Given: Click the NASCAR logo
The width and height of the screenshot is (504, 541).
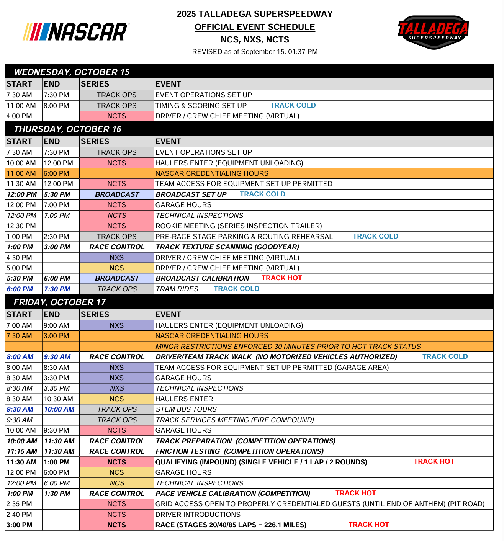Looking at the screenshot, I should tap(76, 32).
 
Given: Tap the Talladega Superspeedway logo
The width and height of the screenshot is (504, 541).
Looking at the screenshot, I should tap(433, 32).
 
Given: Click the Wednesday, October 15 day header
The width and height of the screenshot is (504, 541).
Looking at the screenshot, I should tap(72, 72).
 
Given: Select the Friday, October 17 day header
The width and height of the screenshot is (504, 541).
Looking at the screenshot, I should tap(60, 302).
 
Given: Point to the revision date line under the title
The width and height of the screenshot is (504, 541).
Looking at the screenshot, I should tap(255, 52).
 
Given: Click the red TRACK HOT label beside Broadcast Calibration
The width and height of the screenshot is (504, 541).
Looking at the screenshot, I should tap(281, 278).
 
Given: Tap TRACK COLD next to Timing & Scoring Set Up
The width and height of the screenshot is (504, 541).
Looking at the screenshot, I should tap(293, 105).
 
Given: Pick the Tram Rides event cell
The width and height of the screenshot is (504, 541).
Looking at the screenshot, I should tap(177, 289).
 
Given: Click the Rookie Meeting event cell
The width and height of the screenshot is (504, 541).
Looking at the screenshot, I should tap(238, 226).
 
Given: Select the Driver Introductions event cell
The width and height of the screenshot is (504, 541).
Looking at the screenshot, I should tap(198, 515).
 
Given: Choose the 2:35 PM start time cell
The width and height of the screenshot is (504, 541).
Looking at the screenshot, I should tap(20, 504).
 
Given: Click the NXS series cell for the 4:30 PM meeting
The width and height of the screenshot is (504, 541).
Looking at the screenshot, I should tap(116, 258).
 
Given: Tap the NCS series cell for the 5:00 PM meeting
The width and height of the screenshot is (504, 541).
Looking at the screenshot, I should tap(116, 268).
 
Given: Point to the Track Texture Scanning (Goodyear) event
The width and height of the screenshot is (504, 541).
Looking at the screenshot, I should tap(227, 247).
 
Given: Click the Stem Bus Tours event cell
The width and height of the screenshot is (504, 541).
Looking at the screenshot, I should tap(186, 409).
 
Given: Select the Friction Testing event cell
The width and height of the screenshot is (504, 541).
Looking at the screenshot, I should tap(239, 451).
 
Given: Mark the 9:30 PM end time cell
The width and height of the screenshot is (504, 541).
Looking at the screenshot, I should tap(57, 430).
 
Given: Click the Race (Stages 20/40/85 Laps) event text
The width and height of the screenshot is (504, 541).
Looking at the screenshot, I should tap(231, 525).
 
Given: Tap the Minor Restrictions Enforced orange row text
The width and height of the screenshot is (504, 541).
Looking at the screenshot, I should tap(288, 347).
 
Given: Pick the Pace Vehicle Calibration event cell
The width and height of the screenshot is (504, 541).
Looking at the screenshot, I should tap(233, 494).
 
